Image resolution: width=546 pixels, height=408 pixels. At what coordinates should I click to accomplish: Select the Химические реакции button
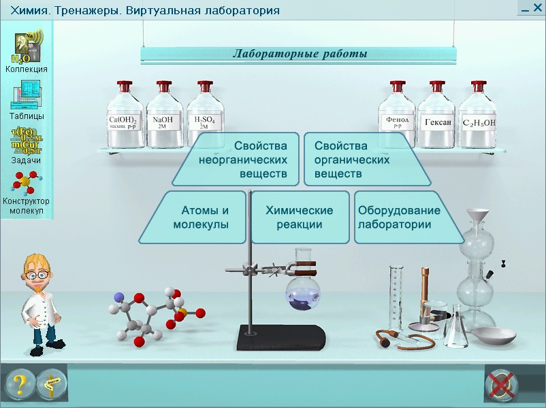(300, 218)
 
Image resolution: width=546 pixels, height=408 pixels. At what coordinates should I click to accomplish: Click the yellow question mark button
(20, 384)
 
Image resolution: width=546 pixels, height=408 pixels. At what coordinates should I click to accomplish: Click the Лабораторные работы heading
(300, 54)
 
